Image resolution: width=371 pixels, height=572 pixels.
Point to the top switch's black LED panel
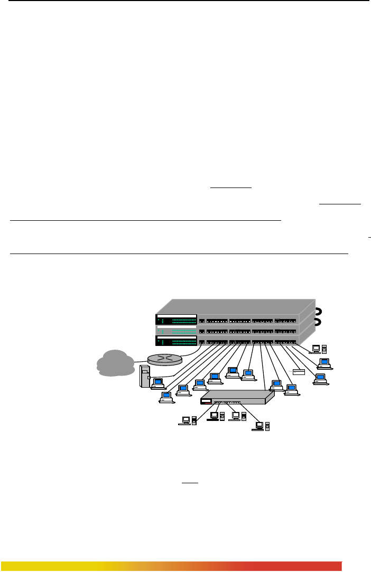coord(176,320)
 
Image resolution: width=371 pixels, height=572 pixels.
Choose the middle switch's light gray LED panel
coord(176,330)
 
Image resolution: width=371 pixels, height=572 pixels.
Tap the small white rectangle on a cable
coord(299,372)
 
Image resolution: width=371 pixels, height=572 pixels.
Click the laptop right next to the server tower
coord(157,383)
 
